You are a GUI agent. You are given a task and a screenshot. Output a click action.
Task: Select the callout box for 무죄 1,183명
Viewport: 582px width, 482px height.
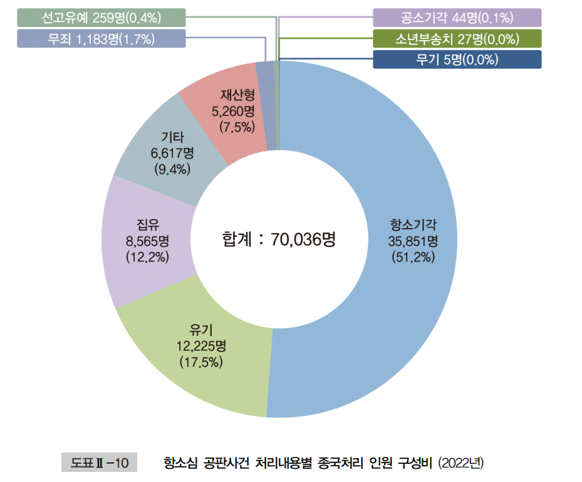click(x=101, y=39)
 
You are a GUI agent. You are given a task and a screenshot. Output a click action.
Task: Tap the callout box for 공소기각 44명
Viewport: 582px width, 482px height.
click(x=457, y=18)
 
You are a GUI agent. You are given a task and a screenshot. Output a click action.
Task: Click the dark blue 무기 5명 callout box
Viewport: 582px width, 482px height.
click(x=457, y=60)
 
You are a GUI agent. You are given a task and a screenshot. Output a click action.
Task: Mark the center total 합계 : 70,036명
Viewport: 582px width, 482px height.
click(x=279, y=239)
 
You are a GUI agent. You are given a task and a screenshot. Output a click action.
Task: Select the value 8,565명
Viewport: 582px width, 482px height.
click(x=147, y=241)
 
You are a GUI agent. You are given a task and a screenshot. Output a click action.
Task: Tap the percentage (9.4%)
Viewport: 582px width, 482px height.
click(x=172, y=169)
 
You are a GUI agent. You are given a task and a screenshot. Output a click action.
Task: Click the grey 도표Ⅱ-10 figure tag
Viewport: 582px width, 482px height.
click(x=99, y=463)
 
